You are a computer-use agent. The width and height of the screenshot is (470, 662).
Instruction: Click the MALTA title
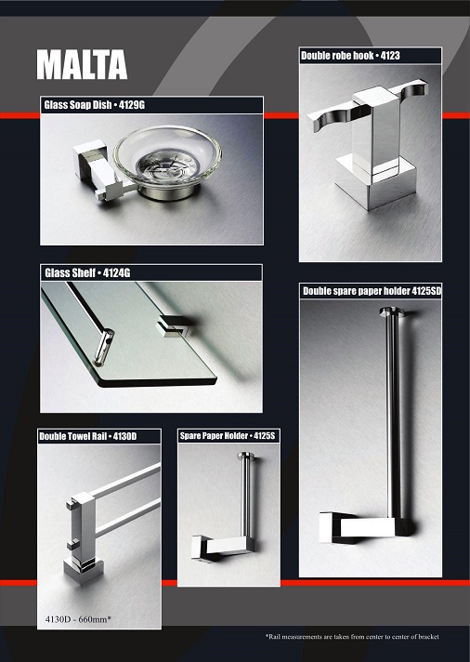point(82,64)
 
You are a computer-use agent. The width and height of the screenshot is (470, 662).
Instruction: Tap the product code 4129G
point(132,105)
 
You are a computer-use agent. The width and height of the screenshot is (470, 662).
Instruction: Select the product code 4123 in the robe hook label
point(390,55)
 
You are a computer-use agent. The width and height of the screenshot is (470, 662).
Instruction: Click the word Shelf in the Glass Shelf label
point(82,272)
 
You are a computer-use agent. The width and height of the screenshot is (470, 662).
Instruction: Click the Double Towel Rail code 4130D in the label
point(124,436)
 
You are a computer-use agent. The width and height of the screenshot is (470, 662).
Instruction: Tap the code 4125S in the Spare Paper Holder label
point(264,436)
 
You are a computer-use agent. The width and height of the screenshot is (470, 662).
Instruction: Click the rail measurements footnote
point(352,637)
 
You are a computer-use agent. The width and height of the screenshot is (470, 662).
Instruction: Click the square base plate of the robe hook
point(375,181)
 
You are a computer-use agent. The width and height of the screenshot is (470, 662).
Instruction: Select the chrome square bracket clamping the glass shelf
point(174,326)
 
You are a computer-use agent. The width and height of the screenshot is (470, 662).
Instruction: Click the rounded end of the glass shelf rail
point(105,346)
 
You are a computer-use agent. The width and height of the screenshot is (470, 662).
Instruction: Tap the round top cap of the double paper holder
point(391,312)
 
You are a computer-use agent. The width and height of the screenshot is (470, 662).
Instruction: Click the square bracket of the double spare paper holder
point(364,527)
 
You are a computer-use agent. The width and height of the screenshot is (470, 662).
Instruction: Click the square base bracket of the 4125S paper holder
point(222,548)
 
